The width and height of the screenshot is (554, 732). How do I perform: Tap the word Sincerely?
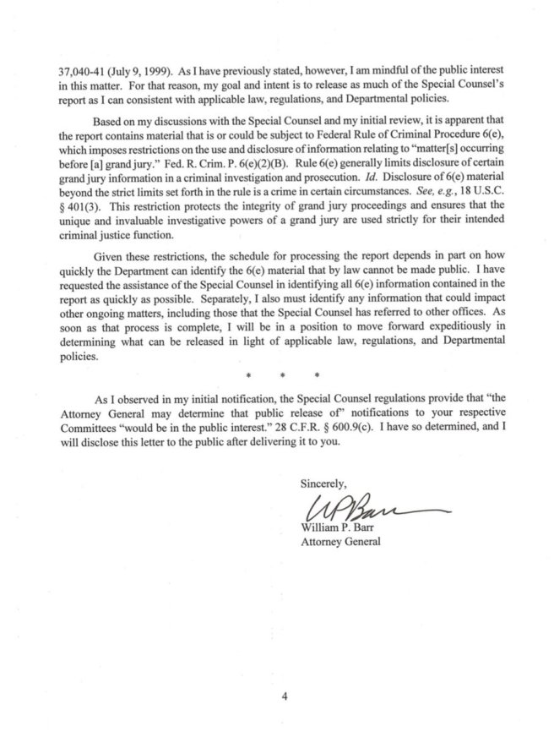[323, 484]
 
